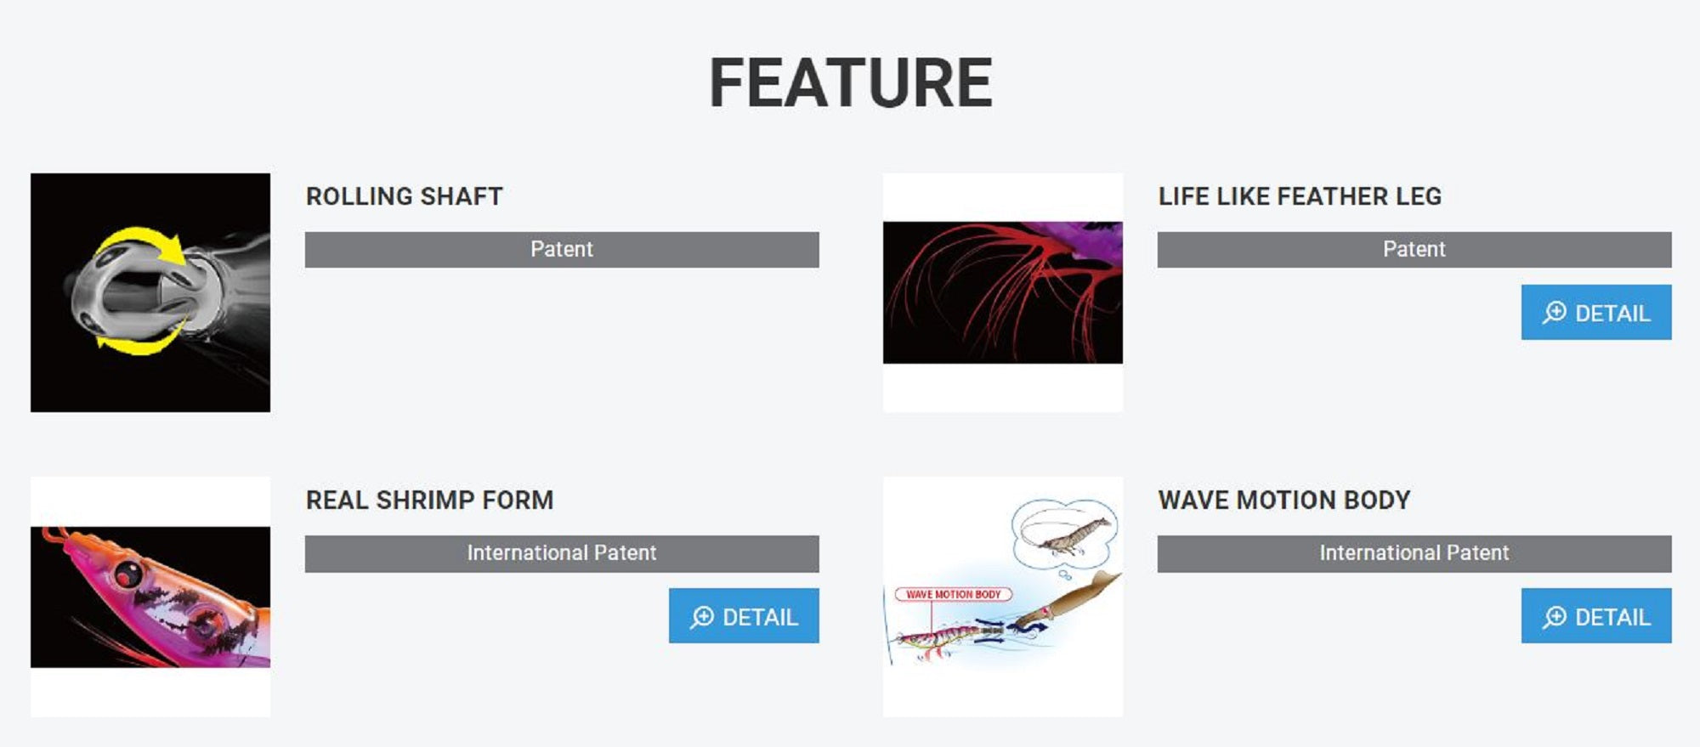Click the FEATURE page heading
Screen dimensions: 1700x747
pyautogui.click(x=851, y=82)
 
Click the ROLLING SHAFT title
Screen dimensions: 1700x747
pyautogui.click(x=405, y=196)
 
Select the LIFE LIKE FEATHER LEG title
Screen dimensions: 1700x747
pyautogui.click(x=1300, y=196)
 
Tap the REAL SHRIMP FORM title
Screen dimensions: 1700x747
pyautogui.click(x=429, y=500)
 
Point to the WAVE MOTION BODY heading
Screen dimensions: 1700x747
pyautogui.click(x=1284, y=500)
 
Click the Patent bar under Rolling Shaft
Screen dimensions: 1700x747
pyautogui.click(x=562, y=250)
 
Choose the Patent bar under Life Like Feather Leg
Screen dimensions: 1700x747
pyautogui.click(x=1414, y=250)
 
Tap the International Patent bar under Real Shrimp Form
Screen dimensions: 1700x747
pyautogui.click(x=562, y=553)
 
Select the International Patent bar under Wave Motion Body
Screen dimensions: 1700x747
pyautogui.click(x=1414, y=553)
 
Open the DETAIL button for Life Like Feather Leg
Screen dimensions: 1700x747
pyautogui.click(x=1596, y=312)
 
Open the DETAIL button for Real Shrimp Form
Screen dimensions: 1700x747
pyautogui.click(x=744, y=615)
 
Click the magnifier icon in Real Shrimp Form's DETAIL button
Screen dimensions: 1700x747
pyautogui.click(x=702, y=617)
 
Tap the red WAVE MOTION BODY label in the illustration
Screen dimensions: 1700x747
pyautogui.click(x=953, y=595)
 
